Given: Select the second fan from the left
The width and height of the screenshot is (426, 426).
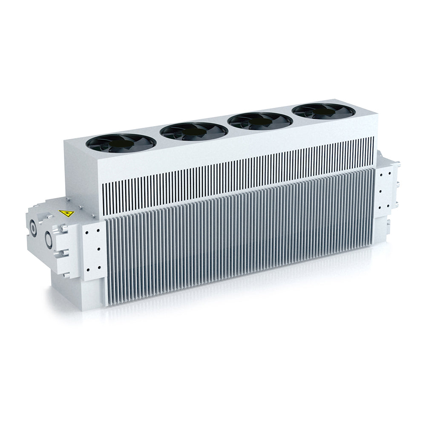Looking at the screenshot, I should point(191,130).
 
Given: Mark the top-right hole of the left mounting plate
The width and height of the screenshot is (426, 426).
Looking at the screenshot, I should point(98,228).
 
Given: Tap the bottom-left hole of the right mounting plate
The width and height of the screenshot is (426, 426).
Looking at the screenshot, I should point(380,207).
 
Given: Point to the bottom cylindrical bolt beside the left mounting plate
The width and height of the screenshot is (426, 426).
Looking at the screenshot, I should point(65,275).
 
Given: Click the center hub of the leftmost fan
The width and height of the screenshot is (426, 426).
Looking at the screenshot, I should point(118,144).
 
